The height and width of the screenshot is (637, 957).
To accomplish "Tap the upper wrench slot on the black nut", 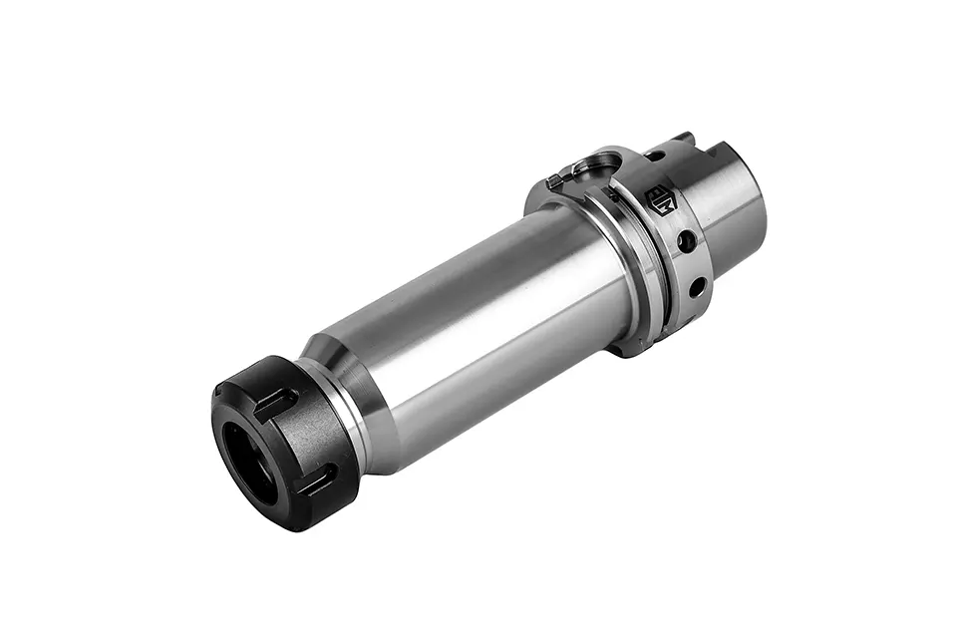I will click(275, 404).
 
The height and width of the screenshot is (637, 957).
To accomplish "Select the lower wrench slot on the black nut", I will click(318, 481).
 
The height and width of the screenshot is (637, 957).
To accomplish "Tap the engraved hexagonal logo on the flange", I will click(661, 199).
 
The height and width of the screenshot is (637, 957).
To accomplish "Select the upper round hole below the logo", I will click(686, 241).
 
